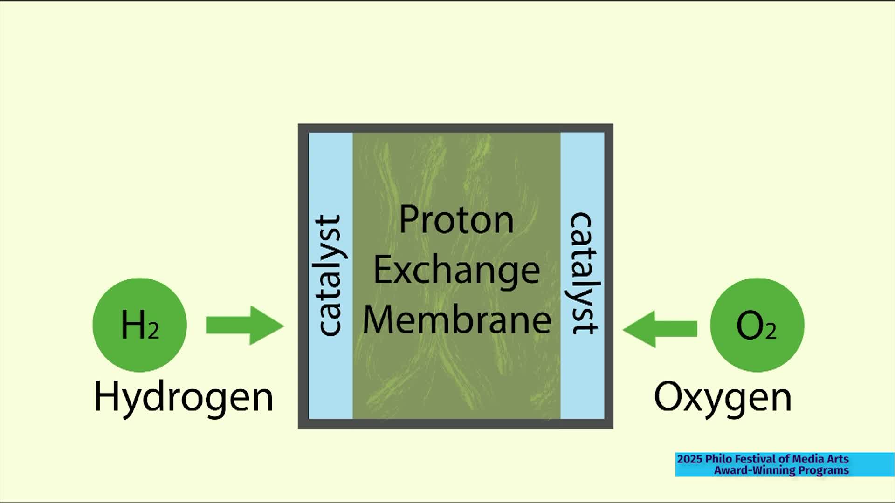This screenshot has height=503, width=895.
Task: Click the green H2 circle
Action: pyautogui.click(x=139, y=325)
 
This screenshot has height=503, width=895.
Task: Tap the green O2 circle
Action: pyautogui.click(x=757, y=325)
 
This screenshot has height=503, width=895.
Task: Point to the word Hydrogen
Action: pyautogui.click(x=183, y=397)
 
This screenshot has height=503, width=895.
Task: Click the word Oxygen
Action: pyautogui.click(x=723, y=397)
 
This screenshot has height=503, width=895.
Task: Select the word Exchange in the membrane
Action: pyautogui.click(x=456, y=271)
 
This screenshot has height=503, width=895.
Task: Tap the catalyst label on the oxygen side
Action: pyautogui.click(x=583, y=273)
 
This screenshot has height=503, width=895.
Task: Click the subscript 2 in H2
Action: pyautogui.click(x=153, y=331)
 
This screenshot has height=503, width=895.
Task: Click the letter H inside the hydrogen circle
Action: pyautogui.click(x=133, y=325)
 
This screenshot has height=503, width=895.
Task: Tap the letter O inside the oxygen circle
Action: pyautogui.click(x=750, y=326)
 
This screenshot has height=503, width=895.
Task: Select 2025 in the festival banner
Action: pyautogui.click(x=689, y=459)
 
